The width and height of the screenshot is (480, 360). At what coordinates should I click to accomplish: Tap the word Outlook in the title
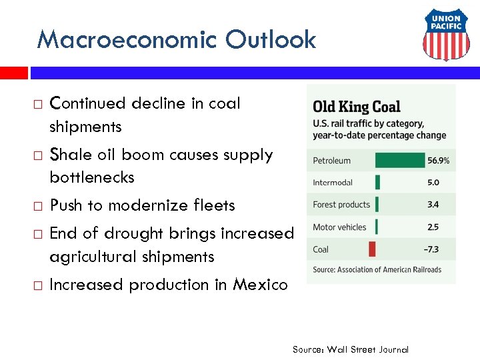click(x=270, y=40)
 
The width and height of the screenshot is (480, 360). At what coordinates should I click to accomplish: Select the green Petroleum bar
click(x=399, y=161)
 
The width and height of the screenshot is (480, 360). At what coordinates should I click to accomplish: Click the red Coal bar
click(x=372, y=249)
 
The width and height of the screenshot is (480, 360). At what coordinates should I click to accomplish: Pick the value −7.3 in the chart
click(x=433, y=249)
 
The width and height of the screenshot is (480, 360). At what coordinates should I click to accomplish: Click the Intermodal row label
click(x=333, y=183)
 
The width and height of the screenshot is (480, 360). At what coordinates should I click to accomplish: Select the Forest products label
click(x=341, y=205)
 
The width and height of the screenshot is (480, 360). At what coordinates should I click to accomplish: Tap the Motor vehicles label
click(x=339, y=227)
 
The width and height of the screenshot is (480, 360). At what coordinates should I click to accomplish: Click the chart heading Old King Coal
click(x=357, y=107)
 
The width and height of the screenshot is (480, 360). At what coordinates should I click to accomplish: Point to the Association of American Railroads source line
click(x=377, y=269)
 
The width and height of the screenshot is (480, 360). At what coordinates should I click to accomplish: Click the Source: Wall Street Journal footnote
click(x=350, y=349)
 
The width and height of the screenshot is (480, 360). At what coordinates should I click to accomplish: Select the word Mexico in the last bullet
click(x=260, y=285)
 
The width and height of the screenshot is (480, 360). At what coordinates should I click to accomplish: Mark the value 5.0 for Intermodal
click(x=433, y=183)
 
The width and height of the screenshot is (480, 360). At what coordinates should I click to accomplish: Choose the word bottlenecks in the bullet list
click(x=92, y=177)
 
